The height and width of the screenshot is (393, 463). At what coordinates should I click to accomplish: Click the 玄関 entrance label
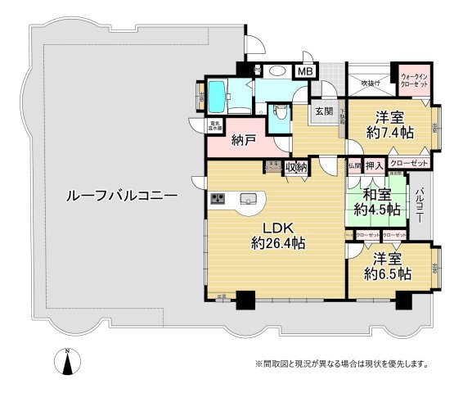322,111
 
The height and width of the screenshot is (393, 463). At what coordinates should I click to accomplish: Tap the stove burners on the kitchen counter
219,198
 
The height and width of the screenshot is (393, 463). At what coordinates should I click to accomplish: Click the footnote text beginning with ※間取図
341,364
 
